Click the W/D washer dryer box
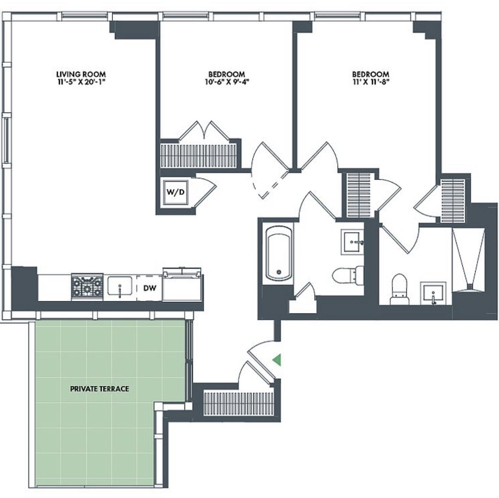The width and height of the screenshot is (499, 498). point(175,192)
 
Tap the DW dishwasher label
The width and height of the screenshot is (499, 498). point(150,288)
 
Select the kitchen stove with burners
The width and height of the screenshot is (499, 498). point(87,287)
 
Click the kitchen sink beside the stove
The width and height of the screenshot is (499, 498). point(120,286)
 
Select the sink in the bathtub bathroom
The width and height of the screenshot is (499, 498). point(353,242)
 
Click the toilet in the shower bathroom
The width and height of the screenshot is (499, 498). point(400,289)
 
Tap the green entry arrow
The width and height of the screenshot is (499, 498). point(277,360)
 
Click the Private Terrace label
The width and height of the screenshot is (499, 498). point(99,388)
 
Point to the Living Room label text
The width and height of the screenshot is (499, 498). point(81,74)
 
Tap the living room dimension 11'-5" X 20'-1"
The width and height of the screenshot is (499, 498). point(81,82)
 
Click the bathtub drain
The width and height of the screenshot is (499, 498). point(279,272)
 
